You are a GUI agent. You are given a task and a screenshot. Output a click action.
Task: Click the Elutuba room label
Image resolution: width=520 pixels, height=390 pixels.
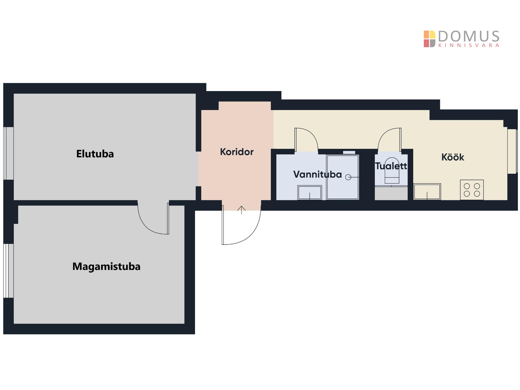pyautogui.click(x=95, y=154)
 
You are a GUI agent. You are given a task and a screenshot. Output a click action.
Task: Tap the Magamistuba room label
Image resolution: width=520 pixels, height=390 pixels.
pyautogui.click(x=106, y=266)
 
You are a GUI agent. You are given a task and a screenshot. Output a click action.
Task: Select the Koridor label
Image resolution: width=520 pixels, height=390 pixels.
pyautogui.click(x=237, y=152)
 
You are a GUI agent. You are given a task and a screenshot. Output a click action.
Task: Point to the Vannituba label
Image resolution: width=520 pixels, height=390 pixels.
pyautogui.click(x=317, y=174)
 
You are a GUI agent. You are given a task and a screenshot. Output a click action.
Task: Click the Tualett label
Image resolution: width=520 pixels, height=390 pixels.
pyautogui.click(x=391, y=166)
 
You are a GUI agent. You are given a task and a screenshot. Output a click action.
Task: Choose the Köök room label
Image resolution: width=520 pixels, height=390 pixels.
pyautogui.click(x=453, y=157)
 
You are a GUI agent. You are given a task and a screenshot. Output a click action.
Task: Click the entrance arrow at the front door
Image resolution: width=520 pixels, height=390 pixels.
pyautogui.click(x=241, y=210)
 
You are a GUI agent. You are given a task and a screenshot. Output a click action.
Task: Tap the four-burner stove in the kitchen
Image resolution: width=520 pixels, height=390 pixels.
pyautogui.click(x=472, y=190)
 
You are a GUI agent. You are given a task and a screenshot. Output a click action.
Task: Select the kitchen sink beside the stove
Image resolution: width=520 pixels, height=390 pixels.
pyautogui.click(x=427, y=192)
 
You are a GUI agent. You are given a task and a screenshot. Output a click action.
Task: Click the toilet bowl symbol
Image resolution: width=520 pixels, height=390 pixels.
pyautogui.click(x=392, y=171)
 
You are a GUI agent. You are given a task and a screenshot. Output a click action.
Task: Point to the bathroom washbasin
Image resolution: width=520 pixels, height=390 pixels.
pyautogui.click(x=310, y=193)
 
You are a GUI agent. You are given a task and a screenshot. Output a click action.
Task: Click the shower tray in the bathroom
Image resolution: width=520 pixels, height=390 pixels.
pyautogui.click(x=343, y=177)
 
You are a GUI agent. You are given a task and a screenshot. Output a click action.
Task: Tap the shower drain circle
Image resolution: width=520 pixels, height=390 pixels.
pyautogui.click(x=348, y=177)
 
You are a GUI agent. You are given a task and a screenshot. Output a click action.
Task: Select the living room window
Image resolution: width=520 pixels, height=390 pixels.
pyautogui.click(x=8, y=153)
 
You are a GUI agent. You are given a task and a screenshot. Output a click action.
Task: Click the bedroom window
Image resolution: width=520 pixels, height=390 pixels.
pyautogui.click(x=8, y=271)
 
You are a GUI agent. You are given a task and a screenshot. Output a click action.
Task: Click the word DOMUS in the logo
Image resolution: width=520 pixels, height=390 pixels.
pyautogui.click(x=469, y=36)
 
